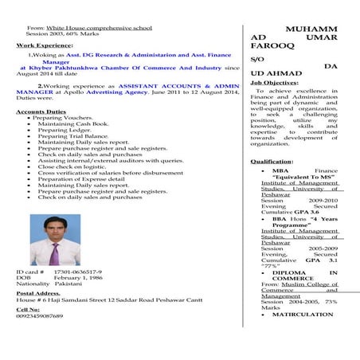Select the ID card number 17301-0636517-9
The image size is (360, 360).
[78, 272]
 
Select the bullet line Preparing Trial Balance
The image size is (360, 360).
[72, 136]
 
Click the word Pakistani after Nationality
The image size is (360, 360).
[69, 284]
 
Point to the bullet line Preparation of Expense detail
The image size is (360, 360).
[81, 179]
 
